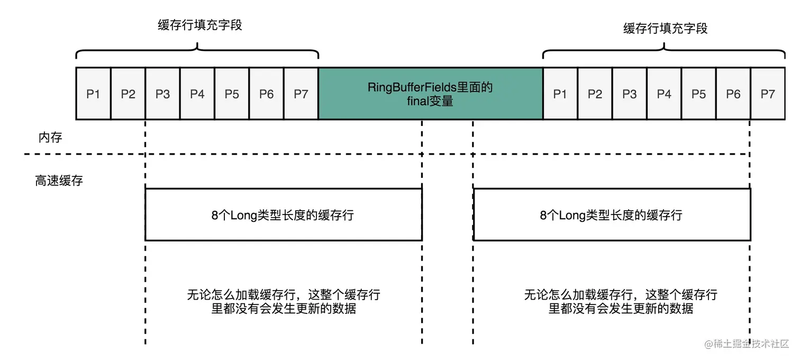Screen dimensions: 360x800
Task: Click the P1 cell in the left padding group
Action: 93,94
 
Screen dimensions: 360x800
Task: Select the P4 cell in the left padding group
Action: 197,94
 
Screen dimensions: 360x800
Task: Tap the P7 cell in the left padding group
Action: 301,94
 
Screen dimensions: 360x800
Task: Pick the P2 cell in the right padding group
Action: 595,94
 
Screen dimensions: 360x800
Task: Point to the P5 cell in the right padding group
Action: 698,94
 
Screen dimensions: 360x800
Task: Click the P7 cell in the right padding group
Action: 767,94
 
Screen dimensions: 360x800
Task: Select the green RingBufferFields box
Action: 430,94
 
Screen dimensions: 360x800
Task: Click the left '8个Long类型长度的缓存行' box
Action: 283,214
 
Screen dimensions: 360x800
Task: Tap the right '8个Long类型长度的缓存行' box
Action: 612,214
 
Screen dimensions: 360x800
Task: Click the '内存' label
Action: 50,138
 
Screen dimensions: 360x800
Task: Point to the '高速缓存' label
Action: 59,181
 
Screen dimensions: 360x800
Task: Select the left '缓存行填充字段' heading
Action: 199,25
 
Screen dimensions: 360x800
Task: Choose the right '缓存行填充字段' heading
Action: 665,28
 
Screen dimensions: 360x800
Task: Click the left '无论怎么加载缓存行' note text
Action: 283,301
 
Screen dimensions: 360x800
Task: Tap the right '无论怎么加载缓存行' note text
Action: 620,301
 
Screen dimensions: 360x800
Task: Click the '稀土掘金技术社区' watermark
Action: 747,344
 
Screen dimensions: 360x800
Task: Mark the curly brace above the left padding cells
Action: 197,52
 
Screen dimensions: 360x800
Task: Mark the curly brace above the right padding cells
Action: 664,52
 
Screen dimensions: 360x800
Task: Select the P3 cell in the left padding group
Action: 162,94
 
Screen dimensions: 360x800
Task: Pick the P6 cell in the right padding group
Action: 733,94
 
